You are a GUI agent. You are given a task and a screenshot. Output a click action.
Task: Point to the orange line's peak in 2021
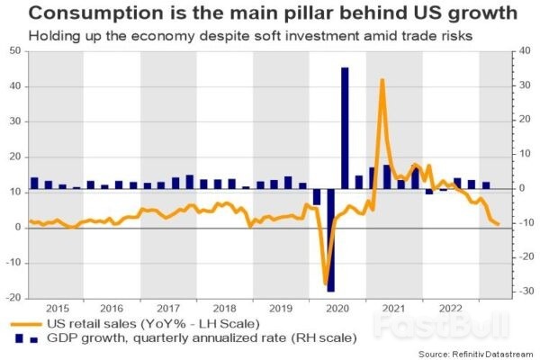[382, 80]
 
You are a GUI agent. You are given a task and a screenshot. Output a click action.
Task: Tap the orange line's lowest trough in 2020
[325, 284]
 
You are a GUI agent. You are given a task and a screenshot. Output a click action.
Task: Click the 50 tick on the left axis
[15, 50]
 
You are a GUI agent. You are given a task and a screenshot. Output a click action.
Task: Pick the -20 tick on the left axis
[13, 298]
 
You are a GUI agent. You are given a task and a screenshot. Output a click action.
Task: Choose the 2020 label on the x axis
[337, 306]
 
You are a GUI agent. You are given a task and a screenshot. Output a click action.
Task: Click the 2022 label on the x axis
[450, 306]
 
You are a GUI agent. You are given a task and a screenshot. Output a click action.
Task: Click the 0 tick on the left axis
[18, 228]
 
